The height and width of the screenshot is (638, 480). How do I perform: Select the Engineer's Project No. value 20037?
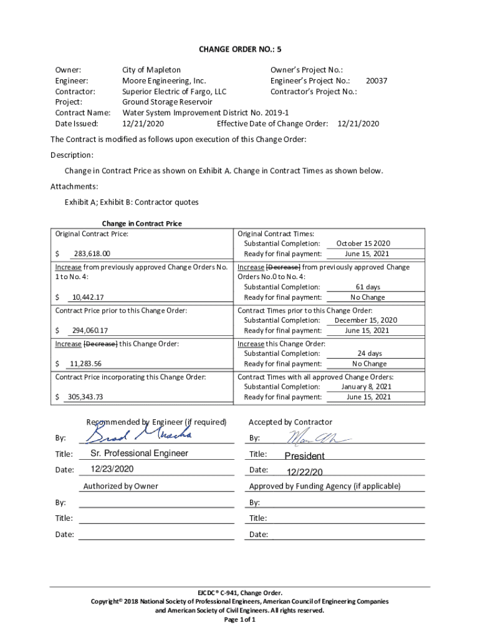tap(377, 81)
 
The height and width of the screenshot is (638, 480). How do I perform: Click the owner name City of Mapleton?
tap(151, 70)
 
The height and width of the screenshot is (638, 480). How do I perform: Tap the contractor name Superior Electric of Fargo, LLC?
tap(175, 92)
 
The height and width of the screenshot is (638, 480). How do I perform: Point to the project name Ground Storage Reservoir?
tap(167, 102)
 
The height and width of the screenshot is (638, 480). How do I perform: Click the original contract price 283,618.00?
tap(92, 254)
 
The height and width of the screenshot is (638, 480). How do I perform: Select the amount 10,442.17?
tap(88, 297)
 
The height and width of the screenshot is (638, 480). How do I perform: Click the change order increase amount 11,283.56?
tap(86, 364)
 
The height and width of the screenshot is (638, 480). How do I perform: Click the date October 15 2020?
tap(363, 244)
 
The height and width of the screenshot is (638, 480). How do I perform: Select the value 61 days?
tap(368, 287)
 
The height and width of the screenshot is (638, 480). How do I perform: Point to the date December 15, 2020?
tap(365, 320)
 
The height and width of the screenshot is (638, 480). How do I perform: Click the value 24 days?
tap(370, 353)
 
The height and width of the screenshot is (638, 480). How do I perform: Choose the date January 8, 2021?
tap(366, 386)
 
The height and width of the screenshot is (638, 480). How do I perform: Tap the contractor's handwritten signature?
tap(314, 437)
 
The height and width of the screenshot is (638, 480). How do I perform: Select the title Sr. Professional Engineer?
tap(139, 453)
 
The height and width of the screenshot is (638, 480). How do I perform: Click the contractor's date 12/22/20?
tap(305, 472)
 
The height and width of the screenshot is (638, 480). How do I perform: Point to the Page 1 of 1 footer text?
tap(239, 620)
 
